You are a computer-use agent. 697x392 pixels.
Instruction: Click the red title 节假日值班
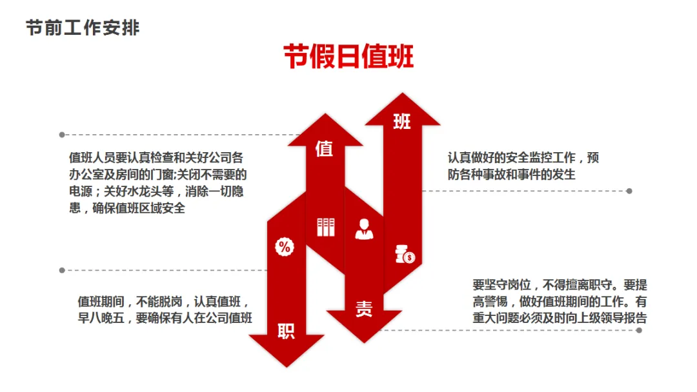(348, 57)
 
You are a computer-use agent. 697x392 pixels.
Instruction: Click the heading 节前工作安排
(83, 28)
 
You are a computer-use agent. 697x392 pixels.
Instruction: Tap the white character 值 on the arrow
(324, 149)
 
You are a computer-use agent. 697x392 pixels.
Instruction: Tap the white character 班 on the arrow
(401, 121)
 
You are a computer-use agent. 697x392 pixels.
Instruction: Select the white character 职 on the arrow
(286, 331)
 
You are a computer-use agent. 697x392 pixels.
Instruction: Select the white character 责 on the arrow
(363, 309)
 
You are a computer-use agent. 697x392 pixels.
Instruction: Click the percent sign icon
(285, 246)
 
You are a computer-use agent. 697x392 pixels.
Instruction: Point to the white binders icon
(326, 227)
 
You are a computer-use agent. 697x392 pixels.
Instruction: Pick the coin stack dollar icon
(405, 254)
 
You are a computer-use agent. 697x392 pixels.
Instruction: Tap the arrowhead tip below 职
(286, 366)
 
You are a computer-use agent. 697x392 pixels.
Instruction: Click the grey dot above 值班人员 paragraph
(62, 135)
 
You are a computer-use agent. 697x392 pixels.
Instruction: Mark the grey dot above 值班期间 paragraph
(62, 270)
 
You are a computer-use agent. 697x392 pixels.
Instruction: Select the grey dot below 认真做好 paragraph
(629, 191)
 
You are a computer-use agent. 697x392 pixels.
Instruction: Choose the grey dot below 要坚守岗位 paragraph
(639, 330)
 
